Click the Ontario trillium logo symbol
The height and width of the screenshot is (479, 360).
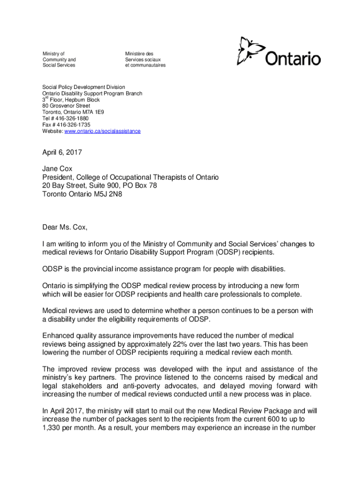[247, 51]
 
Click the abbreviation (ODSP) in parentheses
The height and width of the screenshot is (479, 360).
[229, 253]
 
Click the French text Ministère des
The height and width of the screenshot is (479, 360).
[139, 54]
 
